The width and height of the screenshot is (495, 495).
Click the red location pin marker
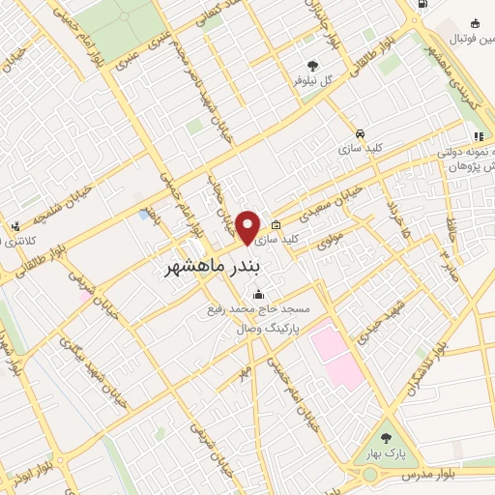(x=249, y=227)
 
